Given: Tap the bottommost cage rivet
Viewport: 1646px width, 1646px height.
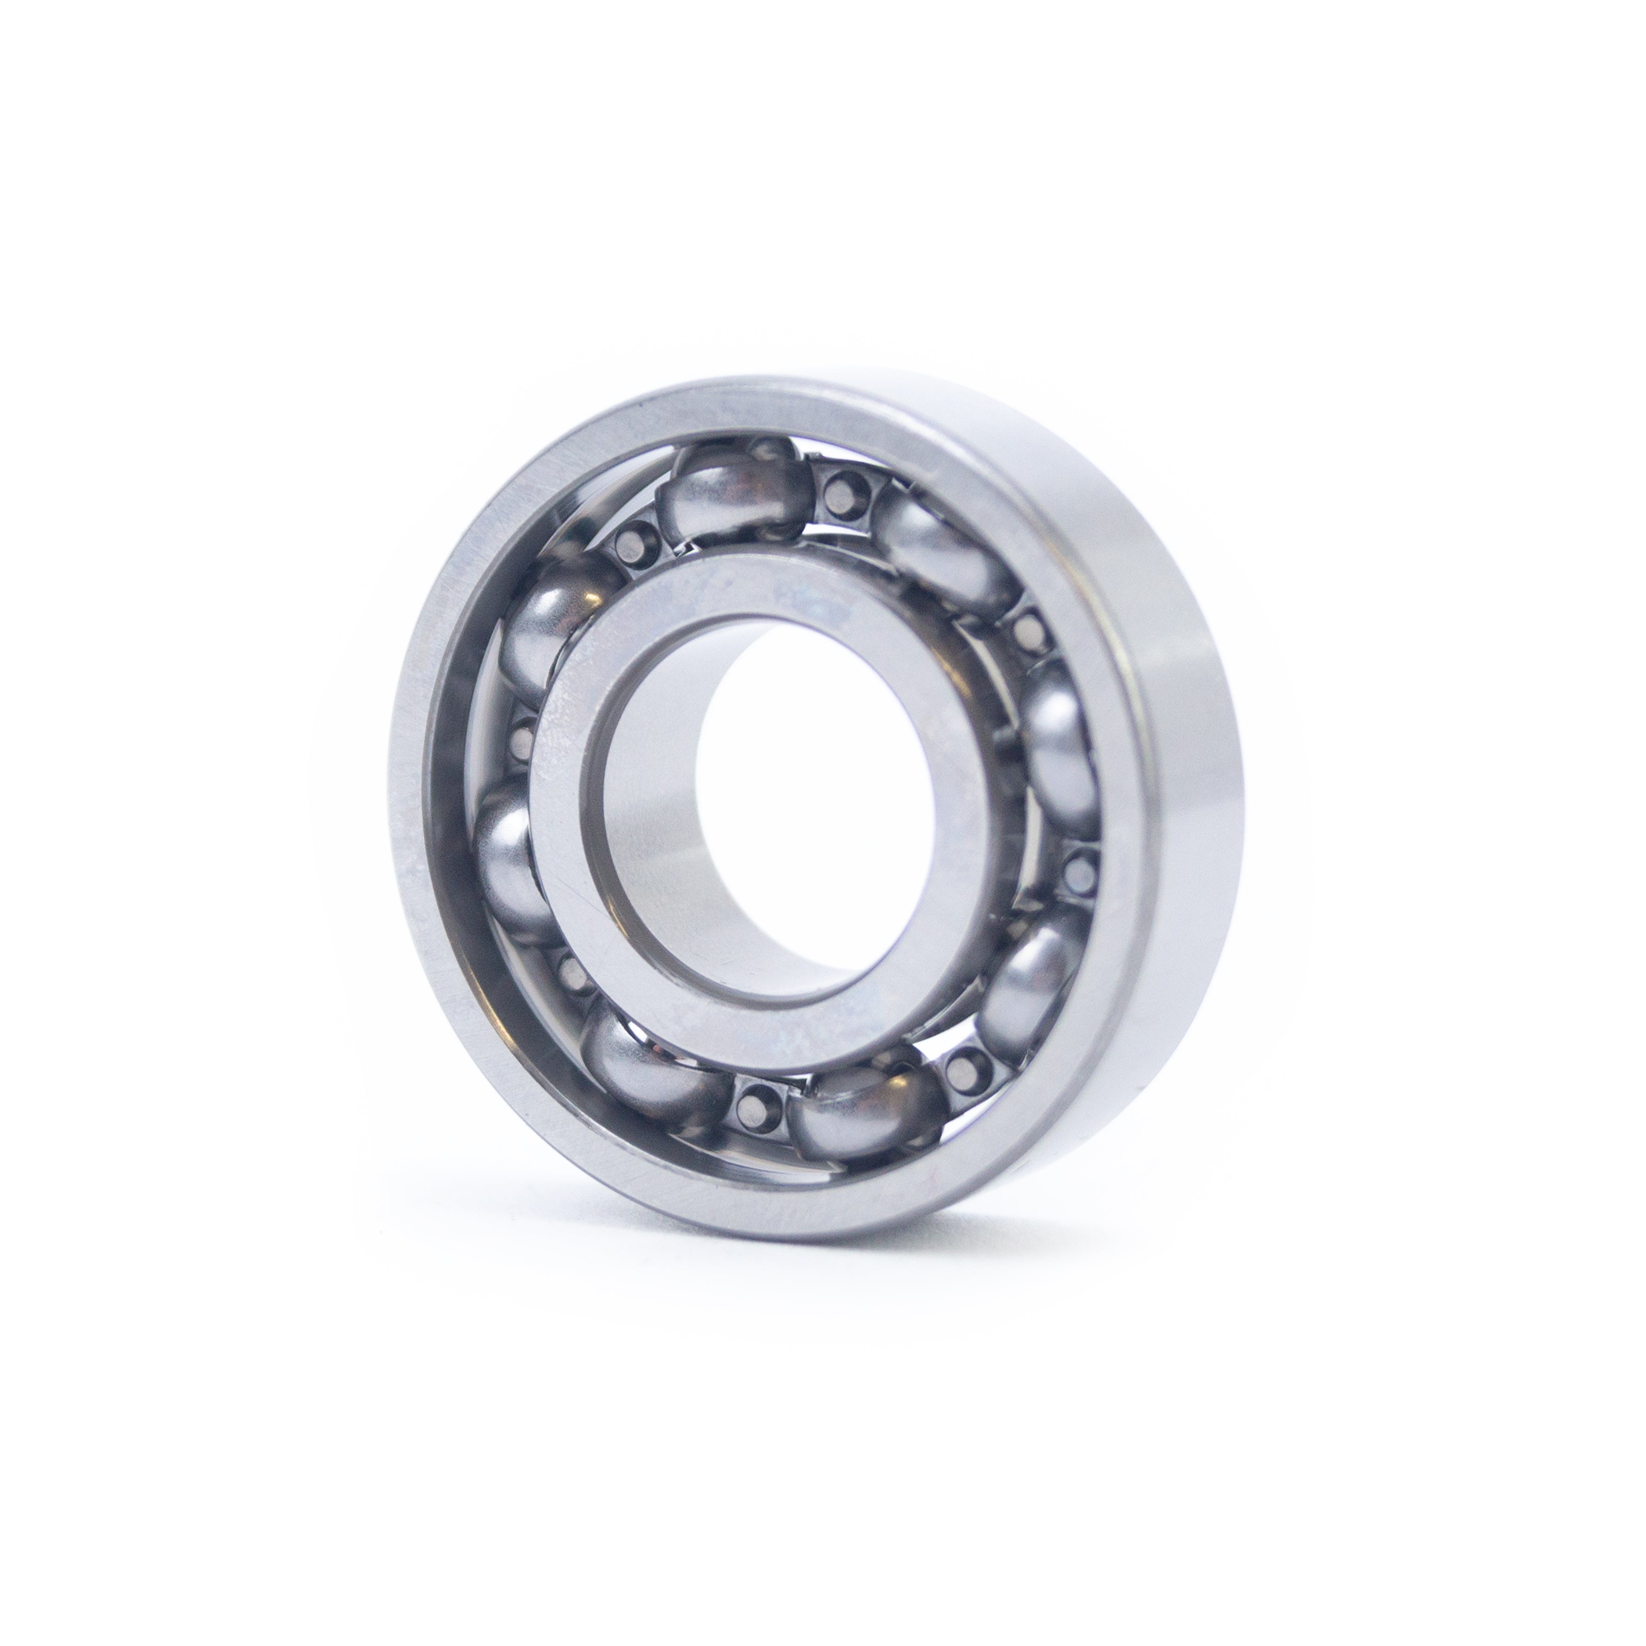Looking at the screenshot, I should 754,1105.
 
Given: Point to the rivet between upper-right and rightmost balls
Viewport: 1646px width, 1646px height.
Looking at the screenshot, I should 1031,630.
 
